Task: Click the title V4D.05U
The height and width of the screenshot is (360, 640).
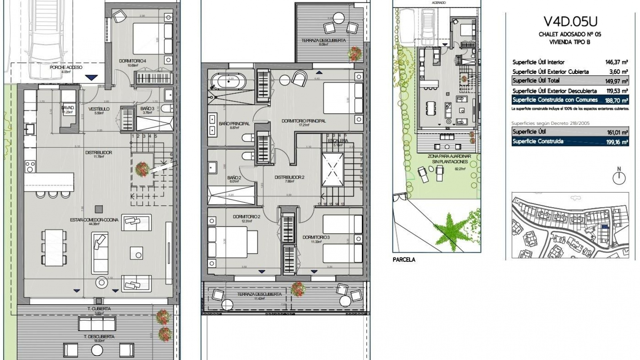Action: [570, 22]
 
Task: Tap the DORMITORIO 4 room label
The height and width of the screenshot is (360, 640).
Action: [133, 61]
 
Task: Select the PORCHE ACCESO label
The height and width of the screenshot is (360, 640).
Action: [66, 67]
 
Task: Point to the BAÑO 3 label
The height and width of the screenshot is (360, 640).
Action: [147, 108]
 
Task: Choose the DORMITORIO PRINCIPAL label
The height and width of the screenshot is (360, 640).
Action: [303, 121]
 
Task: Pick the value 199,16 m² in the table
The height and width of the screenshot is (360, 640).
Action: [617, 142]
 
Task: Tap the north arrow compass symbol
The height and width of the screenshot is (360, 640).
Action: [619, 177]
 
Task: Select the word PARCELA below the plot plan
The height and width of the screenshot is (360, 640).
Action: [404, 260]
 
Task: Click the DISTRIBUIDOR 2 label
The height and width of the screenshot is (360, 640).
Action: [289, 177]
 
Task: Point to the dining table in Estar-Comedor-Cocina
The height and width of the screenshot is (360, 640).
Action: [54, 247]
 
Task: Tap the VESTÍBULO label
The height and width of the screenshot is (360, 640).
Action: [99, 109]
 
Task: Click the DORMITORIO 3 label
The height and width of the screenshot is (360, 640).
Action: [316, 237]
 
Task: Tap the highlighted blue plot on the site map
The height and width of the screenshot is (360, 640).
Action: [604, 227]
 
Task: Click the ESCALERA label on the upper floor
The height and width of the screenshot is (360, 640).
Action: [337, 141]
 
